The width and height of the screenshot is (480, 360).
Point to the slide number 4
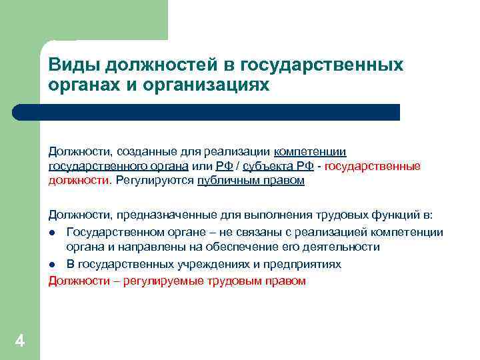pyautogui.click(x=19, y=342)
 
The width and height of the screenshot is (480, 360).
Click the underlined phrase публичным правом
pyautogui.click(x=251, y=181)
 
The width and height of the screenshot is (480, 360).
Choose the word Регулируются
pyautogui.click(x=155, y=181)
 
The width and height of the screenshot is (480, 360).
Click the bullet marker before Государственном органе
pyautogui.click(x=51, y=232)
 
